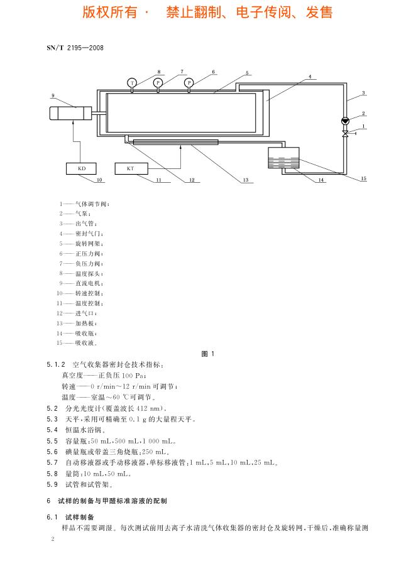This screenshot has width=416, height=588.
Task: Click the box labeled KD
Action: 82,168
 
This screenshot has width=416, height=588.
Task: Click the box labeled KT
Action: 131,168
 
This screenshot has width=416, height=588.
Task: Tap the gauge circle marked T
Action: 132,83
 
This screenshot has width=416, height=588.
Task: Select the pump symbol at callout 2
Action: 345,121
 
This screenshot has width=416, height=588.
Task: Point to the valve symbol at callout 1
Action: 345,134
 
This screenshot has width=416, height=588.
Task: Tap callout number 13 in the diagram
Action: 246,180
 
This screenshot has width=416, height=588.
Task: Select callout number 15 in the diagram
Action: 363,179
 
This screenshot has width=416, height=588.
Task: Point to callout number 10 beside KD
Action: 99,180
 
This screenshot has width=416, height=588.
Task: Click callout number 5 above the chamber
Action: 247,73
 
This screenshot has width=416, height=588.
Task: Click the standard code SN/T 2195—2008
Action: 75,47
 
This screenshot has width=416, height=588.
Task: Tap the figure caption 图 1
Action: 208,354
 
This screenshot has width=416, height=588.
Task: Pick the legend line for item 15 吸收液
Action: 79,343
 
